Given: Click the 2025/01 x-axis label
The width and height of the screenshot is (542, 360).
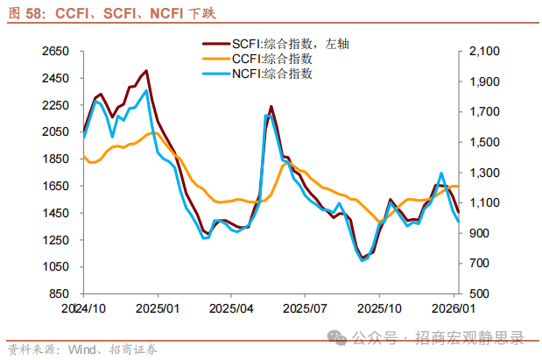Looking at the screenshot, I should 159,309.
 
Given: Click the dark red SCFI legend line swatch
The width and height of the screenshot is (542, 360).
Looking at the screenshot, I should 215,42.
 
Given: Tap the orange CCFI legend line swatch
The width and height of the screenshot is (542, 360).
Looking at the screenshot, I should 215,58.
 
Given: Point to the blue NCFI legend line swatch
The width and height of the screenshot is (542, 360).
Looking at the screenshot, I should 215,74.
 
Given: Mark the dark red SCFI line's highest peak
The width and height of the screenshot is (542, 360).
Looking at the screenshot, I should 146,71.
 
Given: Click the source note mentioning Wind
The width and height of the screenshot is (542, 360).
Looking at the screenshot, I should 85,348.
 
